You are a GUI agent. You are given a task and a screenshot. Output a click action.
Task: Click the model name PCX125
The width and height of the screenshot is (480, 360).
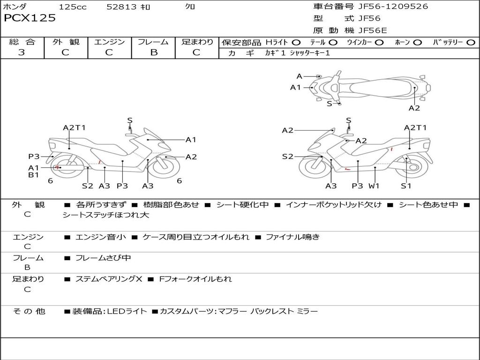pos(30,18)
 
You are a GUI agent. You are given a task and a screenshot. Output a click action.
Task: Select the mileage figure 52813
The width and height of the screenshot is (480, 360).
pos(121,7)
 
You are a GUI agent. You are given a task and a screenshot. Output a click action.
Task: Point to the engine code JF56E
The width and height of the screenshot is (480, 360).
pos(373,30)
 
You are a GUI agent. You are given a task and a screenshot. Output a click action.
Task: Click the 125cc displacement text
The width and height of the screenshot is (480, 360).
pos(73,7)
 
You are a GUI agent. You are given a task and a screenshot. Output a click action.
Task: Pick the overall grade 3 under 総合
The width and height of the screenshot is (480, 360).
pos(22,52)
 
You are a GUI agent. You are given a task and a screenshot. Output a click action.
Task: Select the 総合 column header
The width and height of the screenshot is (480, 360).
pos(22,42)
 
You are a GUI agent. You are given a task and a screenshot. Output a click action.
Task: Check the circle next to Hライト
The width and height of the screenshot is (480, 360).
pos(296,42)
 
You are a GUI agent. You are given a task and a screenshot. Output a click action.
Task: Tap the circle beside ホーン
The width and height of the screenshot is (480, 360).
pos(418,42)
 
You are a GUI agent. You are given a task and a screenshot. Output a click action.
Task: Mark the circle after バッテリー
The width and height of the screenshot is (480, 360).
pos(471,42)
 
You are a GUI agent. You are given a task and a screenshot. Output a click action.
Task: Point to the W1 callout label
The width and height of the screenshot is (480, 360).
pos(374,186)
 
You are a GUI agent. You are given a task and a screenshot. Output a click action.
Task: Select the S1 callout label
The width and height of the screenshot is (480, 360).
pos(406,186)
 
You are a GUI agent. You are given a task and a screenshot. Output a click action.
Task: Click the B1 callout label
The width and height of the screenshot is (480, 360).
pos(33,175)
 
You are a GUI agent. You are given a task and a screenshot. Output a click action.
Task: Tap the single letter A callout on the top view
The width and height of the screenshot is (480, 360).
pos(299,76)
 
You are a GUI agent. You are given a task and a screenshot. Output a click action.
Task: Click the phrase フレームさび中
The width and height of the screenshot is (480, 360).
pos(103,258)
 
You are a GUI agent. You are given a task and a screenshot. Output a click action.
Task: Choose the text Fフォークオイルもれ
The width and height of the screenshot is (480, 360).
pos(195,279)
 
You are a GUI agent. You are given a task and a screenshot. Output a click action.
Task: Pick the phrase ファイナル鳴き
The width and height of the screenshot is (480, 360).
pos(292,237)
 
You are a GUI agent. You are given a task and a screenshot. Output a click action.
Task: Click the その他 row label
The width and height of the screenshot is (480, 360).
pos(29,311)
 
